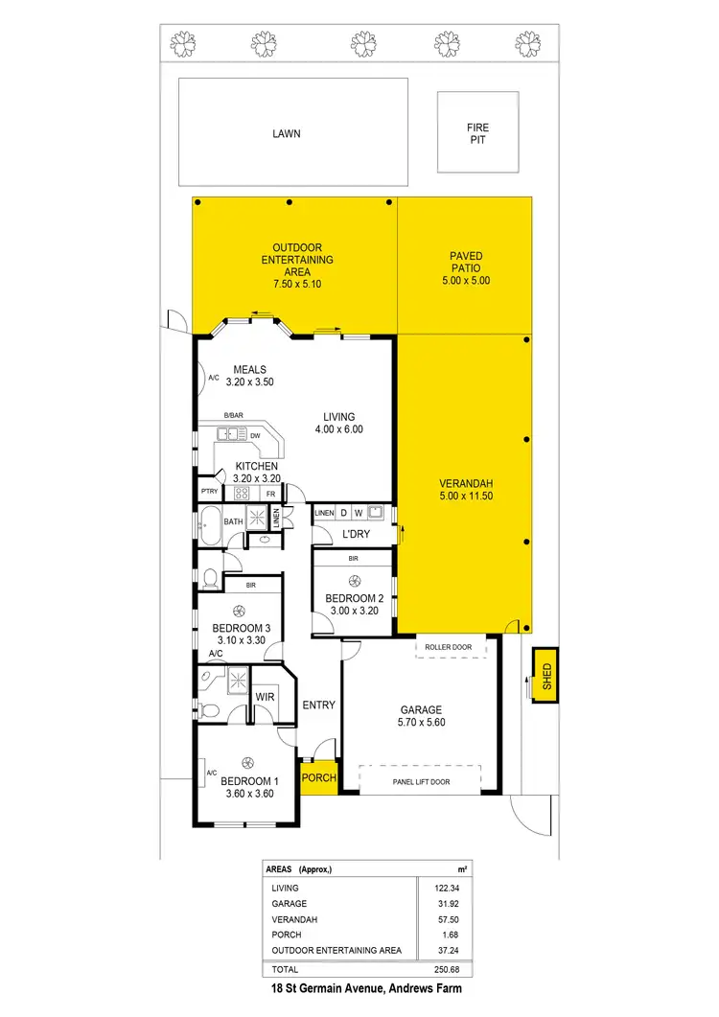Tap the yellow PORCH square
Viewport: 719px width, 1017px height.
[x=319, y=777]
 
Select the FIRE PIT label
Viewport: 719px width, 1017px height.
[x=477, y=133]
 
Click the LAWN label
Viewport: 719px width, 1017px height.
[x=286, y=133]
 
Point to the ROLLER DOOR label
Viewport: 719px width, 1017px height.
[x=449, y=648]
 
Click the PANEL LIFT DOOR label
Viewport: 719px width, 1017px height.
[x=434, y=782]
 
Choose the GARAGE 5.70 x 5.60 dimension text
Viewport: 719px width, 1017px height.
[x=423, y=717]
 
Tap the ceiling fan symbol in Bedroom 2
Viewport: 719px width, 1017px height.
[x=354, y=581]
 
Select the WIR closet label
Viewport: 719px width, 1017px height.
[x=266, y=697]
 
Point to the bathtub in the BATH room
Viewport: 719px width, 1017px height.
[x=209, y=522]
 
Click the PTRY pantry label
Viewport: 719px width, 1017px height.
[x=209, y=493]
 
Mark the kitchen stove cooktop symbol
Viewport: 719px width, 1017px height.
[x=242, y=494]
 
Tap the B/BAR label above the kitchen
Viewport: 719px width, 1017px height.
[x=233, y=415]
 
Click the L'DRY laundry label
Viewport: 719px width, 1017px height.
[x=356, y=534]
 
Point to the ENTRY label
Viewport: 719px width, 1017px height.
[x=318, y=705]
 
